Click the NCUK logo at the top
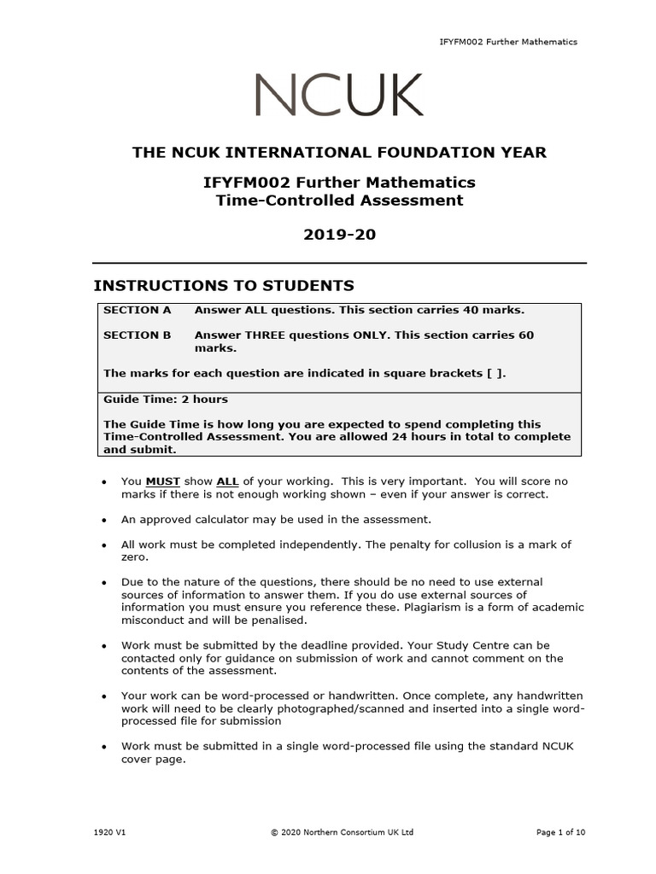(x=338, y=96)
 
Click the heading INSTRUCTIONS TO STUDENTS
(x=223, y=285)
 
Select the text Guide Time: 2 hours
(x=166, y=399)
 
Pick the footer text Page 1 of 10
(x=560, y=832)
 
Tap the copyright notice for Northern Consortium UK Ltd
(x=341, y=832)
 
